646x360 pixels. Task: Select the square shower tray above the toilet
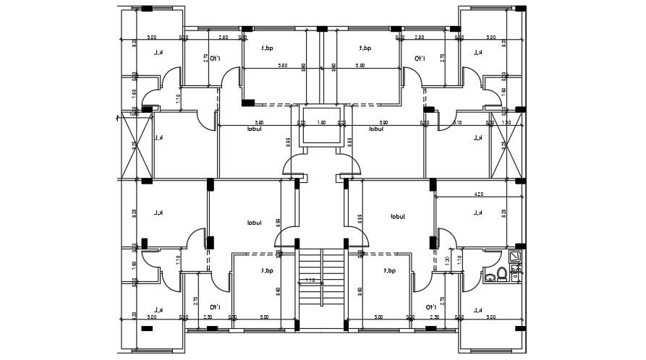point(514,256)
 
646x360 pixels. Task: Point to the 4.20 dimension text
point(478,194)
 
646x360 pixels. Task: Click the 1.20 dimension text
point(448,261)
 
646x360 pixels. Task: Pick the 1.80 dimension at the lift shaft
point(322,122)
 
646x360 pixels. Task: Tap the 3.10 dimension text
point(458,122)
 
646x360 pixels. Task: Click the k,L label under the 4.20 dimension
point(477,213)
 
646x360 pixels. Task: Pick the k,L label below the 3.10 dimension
point(477,137)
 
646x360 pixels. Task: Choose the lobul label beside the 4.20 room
point(397,216)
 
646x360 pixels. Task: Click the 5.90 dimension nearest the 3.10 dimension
point(384,122)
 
